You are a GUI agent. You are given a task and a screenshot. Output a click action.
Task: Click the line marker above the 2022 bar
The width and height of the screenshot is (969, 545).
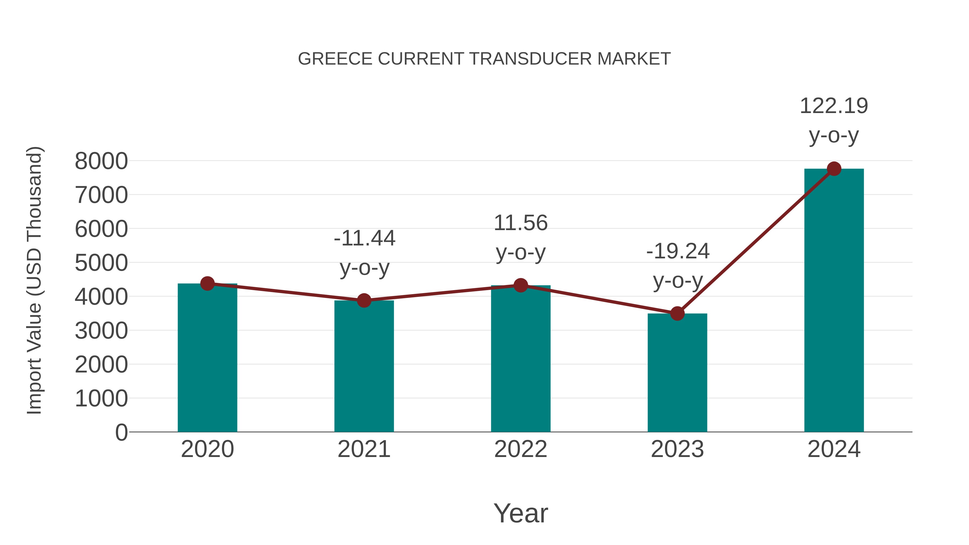click(x=521, y=286)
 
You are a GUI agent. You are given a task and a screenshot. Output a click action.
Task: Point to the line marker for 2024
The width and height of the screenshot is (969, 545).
click(x=834, y=169)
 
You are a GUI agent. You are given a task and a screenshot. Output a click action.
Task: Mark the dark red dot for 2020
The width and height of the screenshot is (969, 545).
click(x=207, y=284)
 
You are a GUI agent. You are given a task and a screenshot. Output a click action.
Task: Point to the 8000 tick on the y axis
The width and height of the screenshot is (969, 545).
click(x=101, y=161)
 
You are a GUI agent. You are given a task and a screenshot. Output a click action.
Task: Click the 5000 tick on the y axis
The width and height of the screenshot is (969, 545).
click(x=101, y=263)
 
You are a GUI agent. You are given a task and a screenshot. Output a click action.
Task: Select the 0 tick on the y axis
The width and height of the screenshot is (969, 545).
click(x=121, y=432)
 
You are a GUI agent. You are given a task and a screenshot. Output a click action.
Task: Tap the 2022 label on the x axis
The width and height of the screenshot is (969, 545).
click(x=521, y=449)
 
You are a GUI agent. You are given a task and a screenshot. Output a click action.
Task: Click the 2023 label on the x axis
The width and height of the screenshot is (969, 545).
click(x=677, y=449)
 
